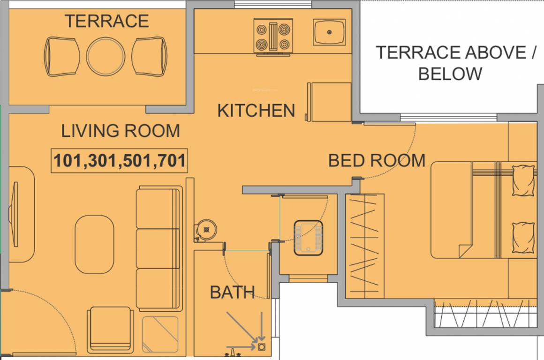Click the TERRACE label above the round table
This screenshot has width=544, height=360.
pos(106,21)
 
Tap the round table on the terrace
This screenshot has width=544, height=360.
pos(106,56)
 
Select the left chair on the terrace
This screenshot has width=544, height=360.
pos(62,57)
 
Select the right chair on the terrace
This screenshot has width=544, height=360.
pos(149,57)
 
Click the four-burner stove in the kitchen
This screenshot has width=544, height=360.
pos(272,36)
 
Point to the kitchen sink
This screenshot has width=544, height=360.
pos(329,32)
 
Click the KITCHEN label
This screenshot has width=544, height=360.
pos(256,111)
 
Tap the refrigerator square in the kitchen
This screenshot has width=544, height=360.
pos(329,101)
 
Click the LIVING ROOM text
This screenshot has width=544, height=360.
pos(121,131)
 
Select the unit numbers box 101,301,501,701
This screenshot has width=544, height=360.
pos(119,161)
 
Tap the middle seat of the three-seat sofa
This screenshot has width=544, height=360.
pos(158,248)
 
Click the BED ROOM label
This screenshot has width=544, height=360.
pos(377,160)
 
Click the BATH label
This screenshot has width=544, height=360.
pos(232,292)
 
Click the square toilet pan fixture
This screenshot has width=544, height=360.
pos(308,238)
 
